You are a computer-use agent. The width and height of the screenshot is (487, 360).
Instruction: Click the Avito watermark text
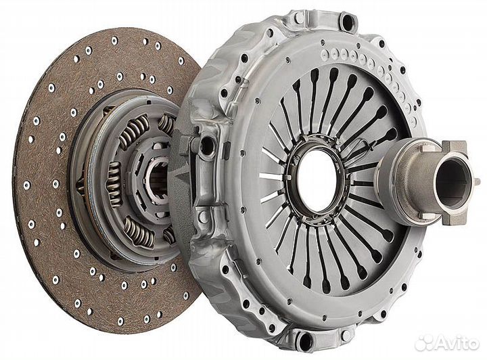point(457,343)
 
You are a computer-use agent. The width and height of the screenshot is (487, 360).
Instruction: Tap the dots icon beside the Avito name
point(425,342)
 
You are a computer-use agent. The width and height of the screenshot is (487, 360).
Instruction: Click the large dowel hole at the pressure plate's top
point(348,21)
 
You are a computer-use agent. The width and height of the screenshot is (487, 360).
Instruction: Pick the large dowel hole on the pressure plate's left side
point(206,143)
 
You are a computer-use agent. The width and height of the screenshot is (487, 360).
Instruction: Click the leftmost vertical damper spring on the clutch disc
point(114,184)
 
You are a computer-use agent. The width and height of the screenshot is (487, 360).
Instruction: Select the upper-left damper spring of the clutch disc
point(134,131)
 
